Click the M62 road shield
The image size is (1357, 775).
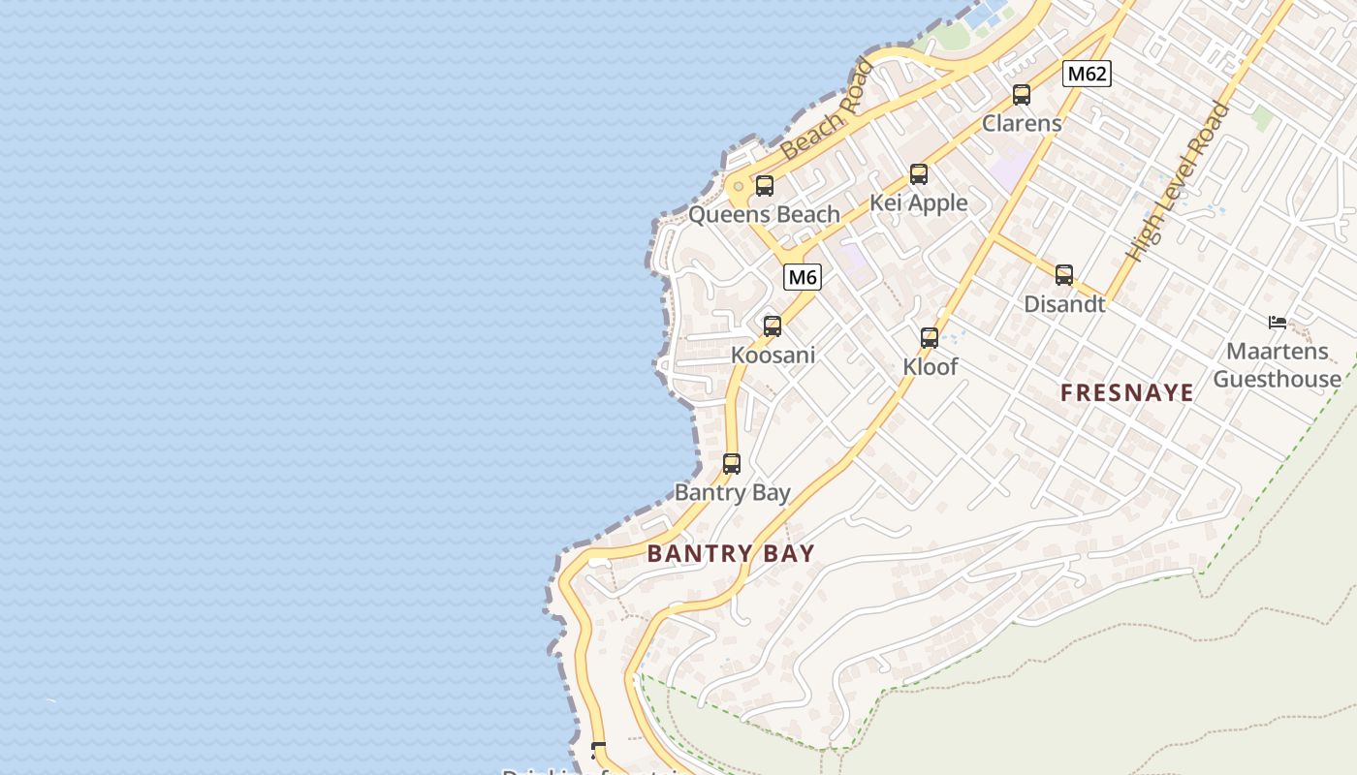pos(1086,74)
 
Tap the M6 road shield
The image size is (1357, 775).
pos(803,278)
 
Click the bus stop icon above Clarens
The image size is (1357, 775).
pos(1022,95)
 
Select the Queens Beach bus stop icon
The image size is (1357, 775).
pos(765,186)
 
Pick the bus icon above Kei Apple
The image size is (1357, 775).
pos(919,174)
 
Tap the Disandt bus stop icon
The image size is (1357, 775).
pos(1064,275)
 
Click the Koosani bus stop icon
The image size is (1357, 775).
pos(773,326)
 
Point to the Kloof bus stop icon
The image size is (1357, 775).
pos(930,338)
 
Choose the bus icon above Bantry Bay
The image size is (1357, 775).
pos(732,464)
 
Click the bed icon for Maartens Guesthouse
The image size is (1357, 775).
pos(1278,323)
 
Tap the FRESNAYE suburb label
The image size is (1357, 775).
pos(1127,392)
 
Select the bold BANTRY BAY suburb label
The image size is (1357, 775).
pos(731,553)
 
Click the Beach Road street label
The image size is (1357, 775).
pos(826,109)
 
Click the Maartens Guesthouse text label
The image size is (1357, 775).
pos(1278,364)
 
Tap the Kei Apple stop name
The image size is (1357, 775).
pos(918,202)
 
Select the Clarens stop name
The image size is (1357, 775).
pos(1022,123)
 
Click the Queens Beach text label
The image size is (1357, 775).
pos(764,214)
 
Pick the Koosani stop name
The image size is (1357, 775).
pos(773,355)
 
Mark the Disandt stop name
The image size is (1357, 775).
pos(1064,303)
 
